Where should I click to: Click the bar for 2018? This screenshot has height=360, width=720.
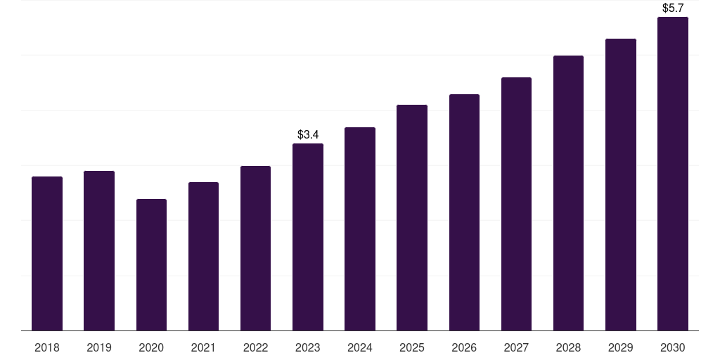coord(47,253)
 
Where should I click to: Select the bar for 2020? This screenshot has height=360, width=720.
coord(151,265)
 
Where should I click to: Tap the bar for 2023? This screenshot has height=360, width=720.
coord(308,237)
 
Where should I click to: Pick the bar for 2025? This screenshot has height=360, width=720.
coord(412,218)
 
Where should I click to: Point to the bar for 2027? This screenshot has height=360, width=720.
coord(516,204)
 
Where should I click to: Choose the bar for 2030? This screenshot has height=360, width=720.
coord(673,174)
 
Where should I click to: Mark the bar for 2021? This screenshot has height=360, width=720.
coord(203,256)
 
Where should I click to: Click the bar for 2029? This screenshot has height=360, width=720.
coord(621,185)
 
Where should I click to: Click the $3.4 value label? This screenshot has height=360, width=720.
coord(308,134)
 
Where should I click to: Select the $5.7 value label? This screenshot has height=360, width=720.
coord(673,8)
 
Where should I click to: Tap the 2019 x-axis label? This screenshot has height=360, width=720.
coord(99,347)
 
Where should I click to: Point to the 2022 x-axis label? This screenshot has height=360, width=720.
coord(255,347)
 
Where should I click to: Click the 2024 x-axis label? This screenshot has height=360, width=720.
coord(360,347)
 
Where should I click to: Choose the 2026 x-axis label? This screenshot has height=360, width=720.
coord(464,347)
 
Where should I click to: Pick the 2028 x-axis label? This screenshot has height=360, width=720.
coord(568,347)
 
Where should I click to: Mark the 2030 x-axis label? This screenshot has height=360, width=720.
coord(673,347)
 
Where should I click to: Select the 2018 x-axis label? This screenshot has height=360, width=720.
coord(47,347)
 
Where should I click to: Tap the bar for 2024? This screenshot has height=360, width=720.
coord(360,229)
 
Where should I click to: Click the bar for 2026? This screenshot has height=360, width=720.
coord(464,212)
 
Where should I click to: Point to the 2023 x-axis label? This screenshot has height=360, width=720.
coord(308,347)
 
